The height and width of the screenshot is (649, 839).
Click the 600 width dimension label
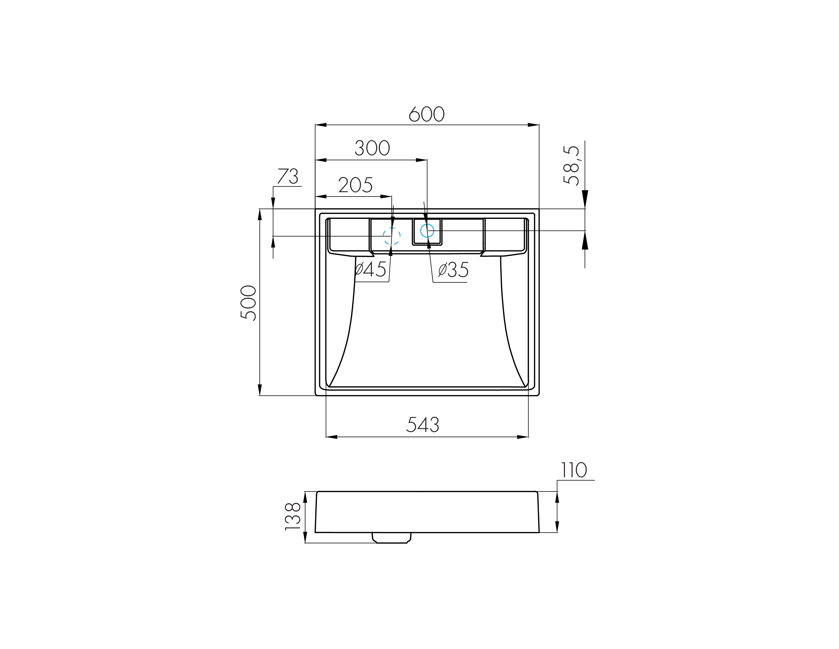426,114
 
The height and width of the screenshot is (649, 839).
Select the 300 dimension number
372,148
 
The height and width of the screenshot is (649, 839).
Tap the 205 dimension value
355,185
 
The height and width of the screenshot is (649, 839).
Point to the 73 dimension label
288,176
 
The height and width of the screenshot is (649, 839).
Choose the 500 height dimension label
248,303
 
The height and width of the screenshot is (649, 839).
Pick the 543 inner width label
423,425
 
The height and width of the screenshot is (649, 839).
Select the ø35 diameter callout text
453,270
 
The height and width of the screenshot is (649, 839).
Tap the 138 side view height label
293,516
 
